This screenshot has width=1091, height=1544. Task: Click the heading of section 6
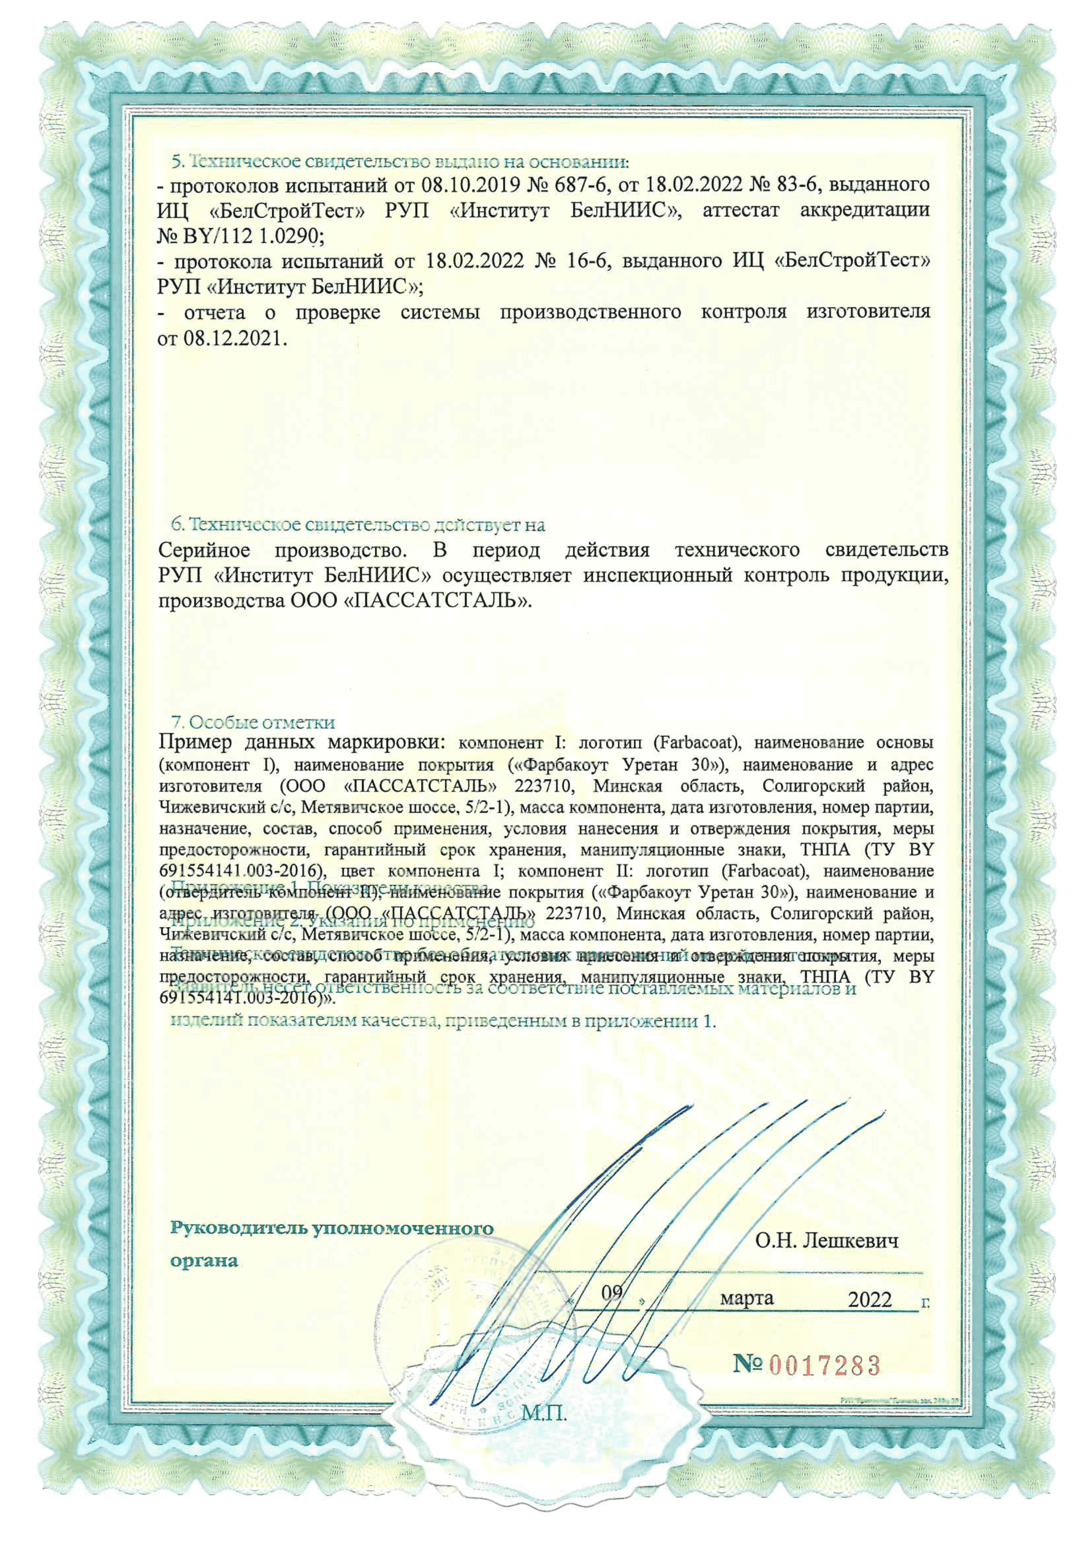358,524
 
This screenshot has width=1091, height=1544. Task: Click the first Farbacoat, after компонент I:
696,743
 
